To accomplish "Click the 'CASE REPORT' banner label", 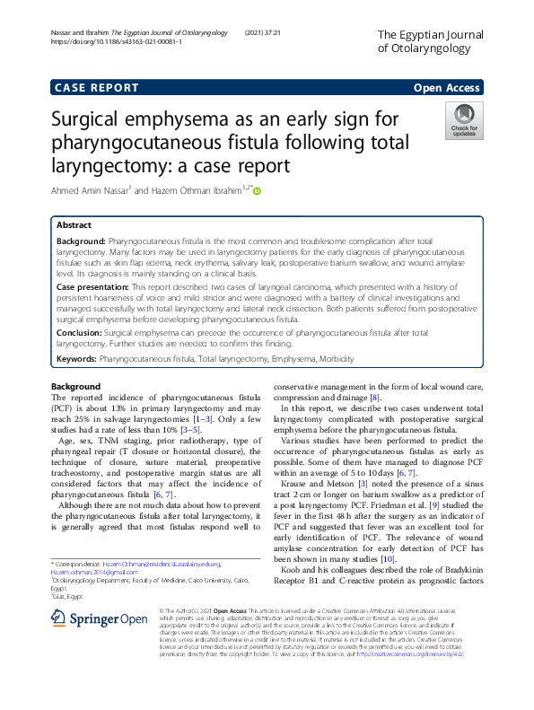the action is pos(97,88).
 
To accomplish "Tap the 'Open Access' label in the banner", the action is pos(447,88).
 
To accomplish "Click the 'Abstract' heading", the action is pos(74,226).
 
